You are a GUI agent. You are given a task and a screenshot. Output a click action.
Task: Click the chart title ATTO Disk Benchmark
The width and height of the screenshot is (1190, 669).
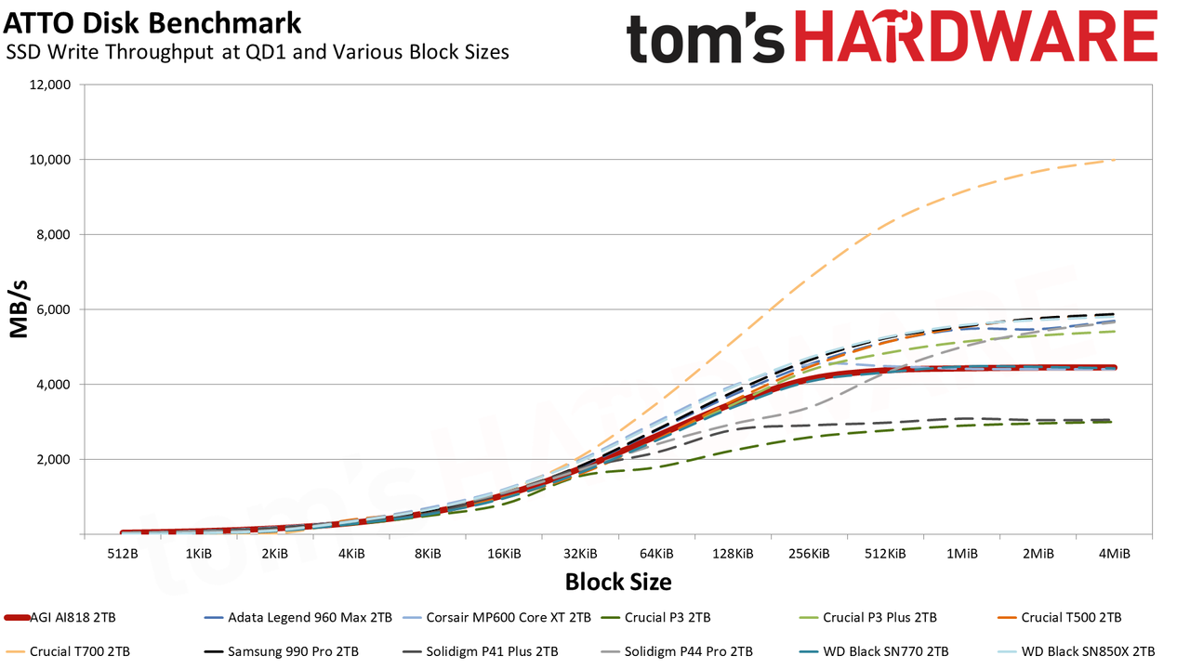click(152, 23)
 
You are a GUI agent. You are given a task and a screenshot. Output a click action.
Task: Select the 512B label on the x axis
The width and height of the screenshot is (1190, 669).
click(122, 554)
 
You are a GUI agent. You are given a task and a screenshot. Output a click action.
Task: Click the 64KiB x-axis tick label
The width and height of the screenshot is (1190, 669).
click(656, 554)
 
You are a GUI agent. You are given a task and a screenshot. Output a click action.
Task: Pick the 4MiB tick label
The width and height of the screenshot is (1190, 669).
click(1114, 554)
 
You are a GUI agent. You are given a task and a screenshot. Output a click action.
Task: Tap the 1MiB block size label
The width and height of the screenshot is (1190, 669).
click(961, 554)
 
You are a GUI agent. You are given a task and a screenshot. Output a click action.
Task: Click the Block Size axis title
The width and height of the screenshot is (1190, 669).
click(618, 582)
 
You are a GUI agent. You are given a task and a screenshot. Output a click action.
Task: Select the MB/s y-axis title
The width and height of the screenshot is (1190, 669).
click(20, 309)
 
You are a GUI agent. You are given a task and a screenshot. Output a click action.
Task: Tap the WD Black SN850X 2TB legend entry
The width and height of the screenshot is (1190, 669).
click(1078, 651)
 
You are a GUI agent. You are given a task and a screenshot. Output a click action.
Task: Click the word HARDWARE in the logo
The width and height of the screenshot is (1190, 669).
click(976, 36)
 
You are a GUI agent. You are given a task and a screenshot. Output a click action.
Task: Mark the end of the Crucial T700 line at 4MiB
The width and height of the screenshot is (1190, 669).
click(1114, 159)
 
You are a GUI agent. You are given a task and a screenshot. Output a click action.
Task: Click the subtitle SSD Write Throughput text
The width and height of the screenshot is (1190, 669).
click(110, 52)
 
